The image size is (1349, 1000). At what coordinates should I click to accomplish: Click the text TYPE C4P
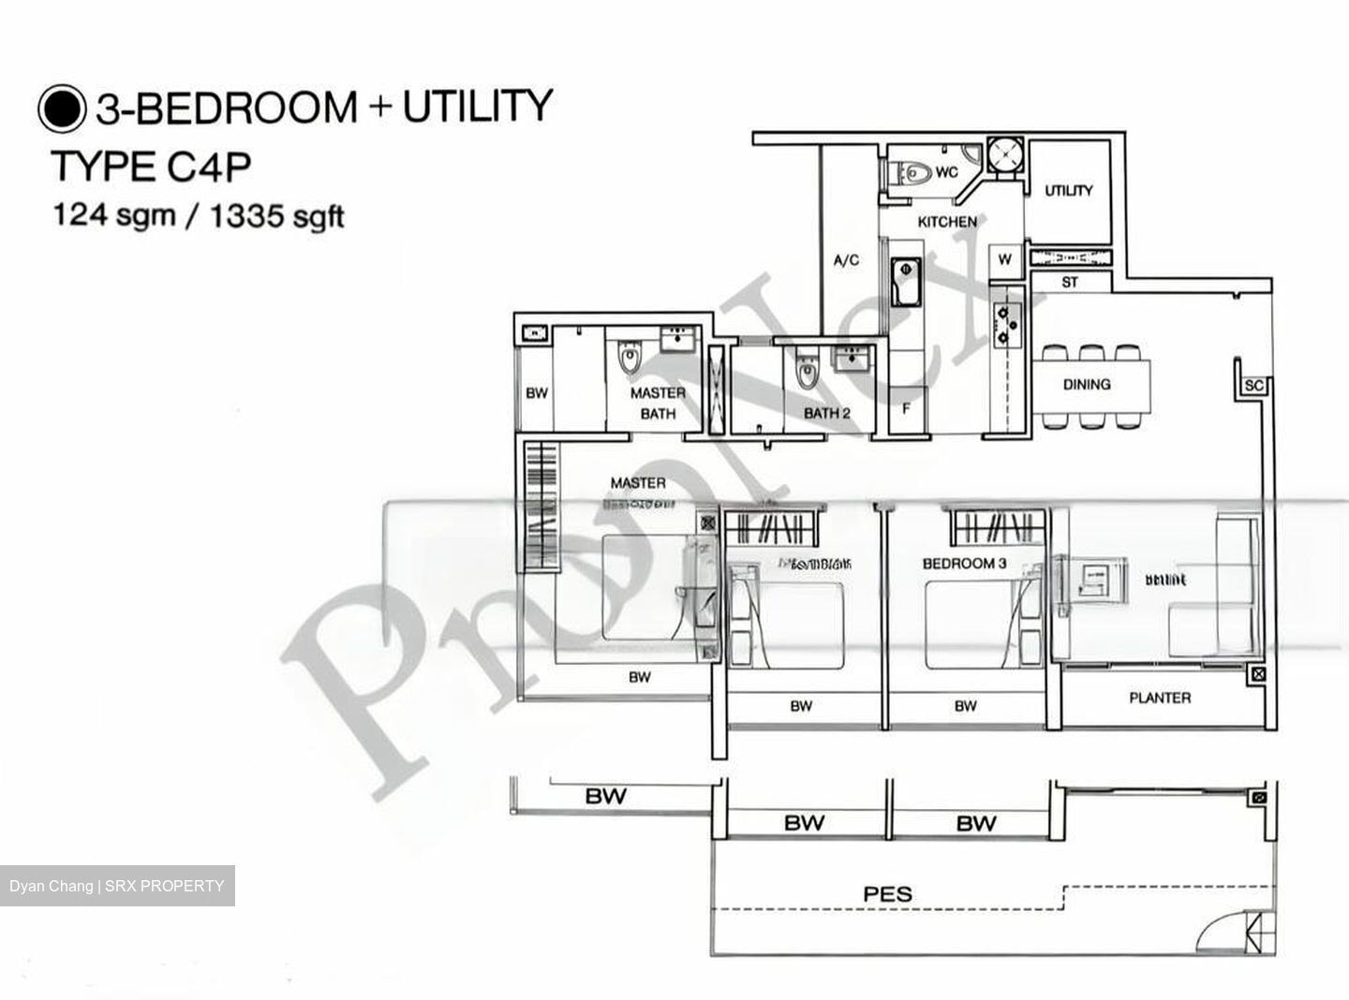coord(151,167)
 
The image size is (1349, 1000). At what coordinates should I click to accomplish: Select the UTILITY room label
coord(1069,190)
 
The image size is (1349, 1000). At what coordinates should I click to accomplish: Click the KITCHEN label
coord(946,222)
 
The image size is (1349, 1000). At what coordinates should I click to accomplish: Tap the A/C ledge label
coord(846,260)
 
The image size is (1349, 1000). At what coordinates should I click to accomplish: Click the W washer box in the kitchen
coord(1005,259)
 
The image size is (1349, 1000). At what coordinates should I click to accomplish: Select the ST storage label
coord(1070,282)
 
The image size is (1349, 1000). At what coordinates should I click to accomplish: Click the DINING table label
coord(1087,384)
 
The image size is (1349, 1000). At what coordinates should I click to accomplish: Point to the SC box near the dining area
coord(1253,386)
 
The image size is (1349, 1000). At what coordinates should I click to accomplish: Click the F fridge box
coord(906,409)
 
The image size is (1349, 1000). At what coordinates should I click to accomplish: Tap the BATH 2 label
coord(826,413)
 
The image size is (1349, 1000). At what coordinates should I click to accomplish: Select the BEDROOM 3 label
coord(964,564)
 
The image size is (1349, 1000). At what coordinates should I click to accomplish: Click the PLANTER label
coord(1160,698)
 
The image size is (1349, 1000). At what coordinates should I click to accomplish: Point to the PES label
coord(887,894)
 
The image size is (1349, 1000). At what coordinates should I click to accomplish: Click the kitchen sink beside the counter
coord(905,281)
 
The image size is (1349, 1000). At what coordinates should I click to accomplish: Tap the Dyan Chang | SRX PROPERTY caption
coord(117,886)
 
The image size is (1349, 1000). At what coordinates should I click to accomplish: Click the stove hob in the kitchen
coord(1005,322)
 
